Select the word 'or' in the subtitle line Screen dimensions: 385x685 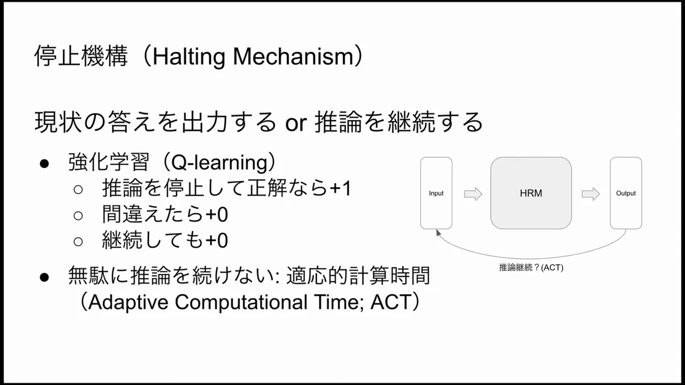[295, 123]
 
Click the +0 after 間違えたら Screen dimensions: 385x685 [217, 214]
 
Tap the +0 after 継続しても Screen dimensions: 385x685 [217, 241]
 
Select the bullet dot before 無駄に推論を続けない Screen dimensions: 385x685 [44, 277]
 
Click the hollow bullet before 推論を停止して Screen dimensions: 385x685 [78, 189]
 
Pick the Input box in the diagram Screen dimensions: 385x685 [436, 193]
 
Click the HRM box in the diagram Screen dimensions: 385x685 [531, 193]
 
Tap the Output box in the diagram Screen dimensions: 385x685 [626, 193]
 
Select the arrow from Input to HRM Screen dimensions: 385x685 [473, 194]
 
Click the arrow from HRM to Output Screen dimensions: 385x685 [591, 194]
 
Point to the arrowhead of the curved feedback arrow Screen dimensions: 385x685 [439, 233]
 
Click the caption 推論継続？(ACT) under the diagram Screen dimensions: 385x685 [531, 267]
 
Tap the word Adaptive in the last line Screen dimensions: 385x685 [128, 303]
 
